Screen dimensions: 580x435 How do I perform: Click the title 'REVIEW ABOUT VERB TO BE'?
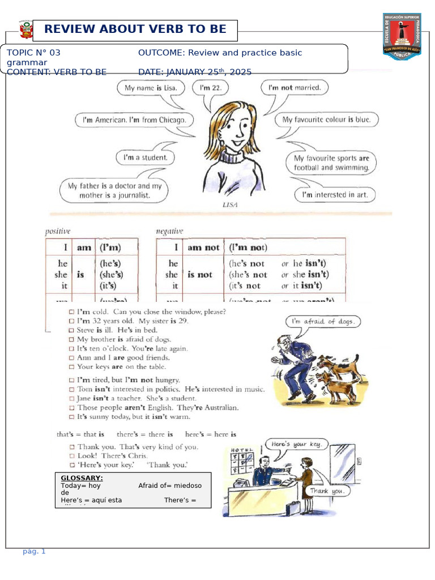[135, 29]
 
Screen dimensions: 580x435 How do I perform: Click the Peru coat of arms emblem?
[26, 31]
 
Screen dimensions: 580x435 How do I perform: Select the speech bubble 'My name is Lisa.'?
[151, 88]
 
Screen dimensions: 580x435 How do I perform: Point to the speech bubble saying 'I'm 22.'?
[211, 88]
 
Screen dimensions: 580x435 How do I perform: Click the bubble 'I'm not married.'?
[294, 88]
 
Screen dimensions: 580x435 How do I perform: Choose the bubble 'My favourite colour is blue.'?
[326, 120]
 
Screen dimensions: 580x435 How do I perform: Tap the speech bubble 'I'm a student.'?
[145, 157]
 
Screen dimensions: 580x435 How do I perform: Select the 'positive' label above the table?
[58, 231]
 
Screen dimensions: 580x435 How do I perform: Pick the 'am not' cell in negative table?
[203, 248]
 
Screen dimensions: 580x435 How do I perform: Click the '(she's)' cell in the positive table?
[110, 275]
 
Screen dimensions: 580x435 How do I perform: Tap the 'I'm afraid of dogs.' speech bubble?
[323, 322]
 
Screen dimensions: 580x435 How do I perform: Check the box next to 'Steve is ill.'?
[71, 330]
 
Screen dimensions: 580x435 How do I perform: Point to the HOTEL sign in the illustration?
[238, 449]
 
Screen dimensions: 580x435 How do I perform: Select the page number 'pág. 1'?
[34, 551]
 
